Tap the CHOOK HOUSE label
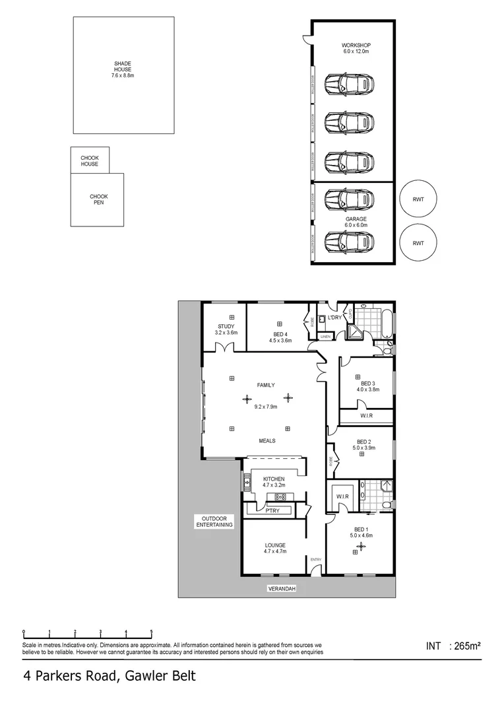90,160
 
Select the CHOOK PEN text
98,199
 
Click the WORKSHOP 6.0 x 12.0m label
355,48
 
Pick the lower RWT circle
418,242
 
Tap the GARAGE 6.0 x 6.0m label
356,222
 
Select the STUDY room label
225,329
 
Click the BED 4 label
280,337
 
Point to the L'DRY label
334,318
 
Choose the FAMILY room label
266,385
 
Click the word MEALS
267,440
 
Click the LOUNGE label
274,548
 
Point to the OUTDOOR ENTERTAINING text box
214,522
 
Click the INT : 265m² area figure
455,646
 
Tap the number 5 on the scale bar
151,631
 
